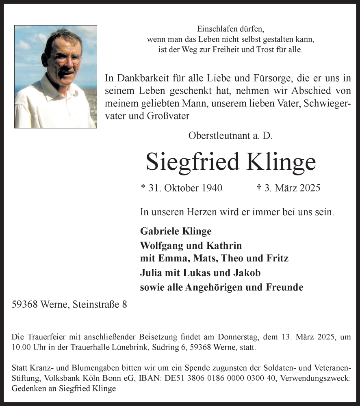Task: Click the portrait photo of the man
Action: pos(56,77)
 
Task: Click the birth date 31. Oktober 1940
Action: pos(185,188)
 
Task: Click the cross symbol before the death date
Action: pos(259,188)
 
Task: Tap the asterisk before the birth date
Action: pos(143,187)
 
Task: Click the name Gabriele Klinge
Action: pos(176,231)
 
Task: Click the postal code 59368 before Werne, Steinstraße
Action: pos(26,304)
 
